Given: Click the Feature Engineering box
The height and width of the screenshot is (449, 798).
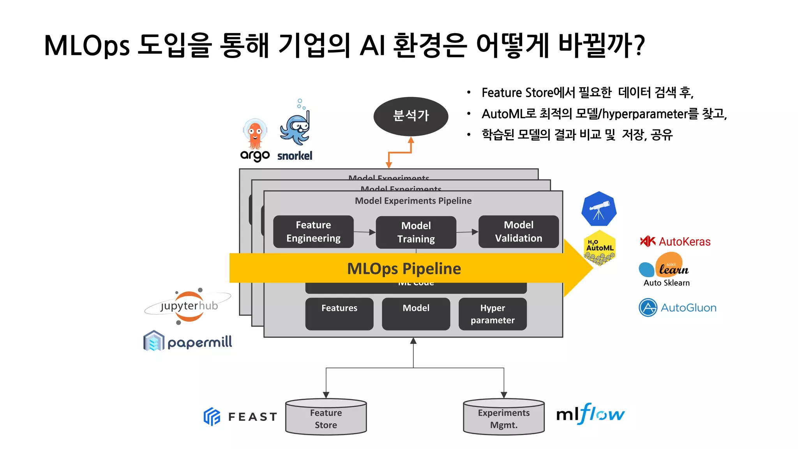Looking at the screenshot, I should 313,232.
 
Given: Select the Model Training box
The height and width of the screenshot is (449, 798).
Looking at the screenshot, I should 416,232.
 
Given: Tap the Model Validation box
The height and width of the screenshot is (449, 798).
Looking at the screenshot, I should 518,232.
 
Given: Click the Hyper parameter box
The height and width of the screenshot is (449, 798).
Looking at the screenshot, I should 493,314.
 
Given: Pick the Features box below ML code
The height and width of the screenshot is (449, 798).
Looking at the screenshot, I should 339,314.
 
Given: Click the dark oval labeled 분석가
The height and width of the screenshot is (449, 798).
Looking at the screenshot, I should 411,116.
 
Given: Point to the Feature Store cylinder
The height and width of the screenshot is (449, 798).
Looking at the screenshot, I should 326,418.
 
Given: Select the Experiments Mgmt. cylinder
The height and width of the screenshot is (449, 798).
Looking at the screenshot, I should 503,418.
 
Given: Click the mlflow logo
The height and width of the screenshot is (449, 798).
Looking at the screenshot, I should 590,414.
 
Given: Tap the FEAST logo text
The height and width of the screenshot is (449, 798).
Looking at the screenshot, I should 252,417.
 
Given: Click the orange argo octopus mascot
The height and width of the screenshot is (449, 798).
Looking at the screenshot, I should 255,134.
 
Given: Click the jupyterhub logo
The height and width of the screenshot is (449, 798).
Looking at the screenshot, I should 189,306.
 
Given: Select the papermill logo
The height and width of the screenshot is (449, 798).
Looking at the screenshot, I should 188,342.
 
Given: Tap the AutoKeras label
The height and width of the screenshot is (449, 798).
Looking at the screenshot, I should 684,242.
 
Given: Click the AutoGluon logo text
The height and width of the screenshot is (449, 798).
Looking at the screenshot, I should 688,308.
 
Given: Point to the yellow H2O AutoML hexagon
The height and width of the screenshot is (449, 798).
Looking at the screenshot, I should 600,247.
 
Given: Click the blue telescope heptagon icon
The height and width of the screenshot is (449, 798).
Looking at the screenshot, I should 599,209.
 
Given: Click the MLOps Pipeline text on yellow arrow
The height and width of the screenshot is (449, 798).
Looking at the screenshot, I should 404,269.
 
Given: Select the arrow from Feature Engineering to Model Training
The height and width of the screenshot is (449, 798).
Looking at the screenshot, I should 365,232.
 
